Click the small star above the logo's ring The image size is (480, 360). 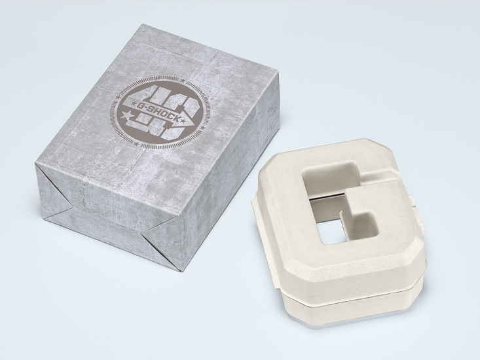coord(183,80)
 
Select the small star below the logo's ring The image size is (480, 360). coord(136,143)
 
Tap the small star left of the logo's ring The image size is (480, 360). coord(118,98)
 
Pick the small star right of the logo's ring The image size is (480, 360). coord(202,127)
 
